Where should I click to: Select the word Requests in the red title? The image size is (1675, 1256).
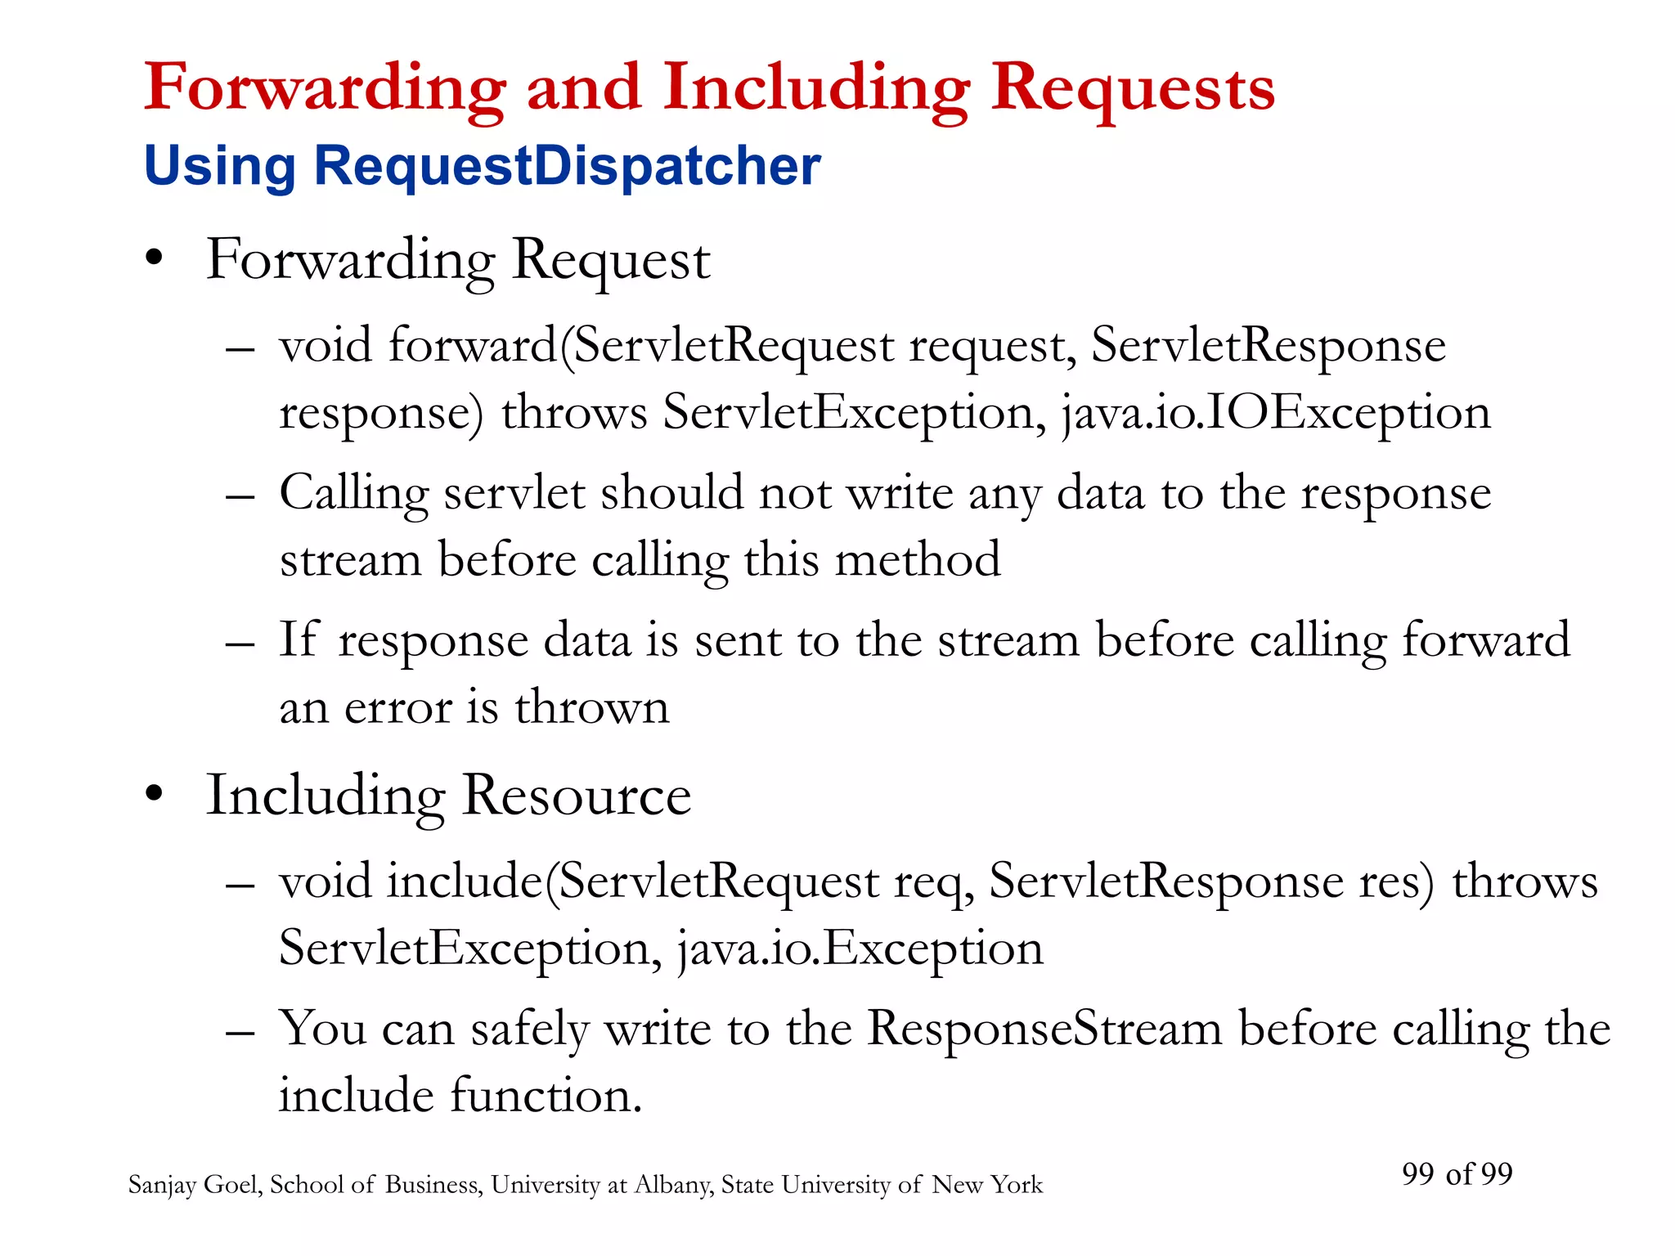(1133, 88)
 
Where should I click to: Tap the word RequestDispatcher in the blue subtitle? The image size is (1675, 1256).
(567, 166)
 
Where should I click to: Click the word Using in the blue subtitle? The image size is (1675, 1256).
(219, 166)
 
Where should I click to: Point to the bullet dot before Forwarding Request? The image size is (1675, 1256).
(154, 260)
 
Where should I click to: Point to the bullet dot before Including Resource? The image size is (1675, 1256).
(154, 795)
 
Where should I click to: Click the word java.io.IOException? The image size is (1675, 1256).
(1276, 412)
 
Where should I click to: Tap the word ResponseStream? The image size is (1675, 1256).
(1044, 1028)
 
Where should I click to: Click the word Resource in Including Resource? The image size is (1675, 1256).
(577, 795)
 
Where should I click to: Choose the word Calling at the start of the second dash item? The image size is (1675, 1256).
(353, 494)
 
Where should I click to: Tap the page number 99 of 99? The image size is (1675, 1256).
(1457, 1174)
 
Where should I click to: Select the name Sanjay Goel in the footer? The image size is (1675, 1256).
(195, 1185)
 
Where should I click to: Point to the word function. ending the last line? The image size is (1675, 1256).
(546, 1095)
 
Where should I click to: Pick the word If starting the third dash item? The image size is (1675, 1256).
(298, 639)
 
